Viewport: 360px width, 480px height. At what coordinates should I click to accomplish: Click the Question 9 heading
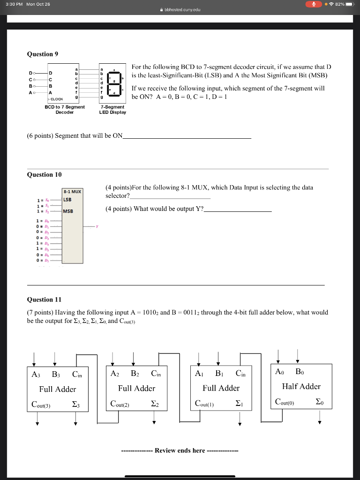tap(43, 54)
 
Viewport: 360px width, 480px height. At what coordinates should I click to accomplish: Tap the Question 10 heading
tap(44, 174)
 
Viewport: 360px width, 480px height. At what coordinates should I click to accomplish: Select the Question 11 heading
tap(44, 300)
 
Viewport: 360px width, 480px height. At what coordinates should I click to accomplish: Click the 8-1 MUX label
tap(72, 191)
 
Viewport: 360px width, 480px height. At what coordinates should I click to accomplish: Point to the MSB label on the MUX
tap(68, 210)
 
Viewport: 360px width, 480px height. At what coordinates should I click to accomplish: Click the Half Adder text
tap(301, 387)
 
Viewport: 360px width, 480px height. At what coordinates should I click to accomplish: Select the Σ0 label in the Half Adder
tap(319, 402)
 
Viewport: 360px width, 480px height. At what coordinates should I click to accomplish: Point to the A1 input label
tap(199, 374)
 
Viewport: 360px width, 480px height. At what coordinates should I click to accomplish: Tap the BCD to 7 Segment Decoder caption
tap(65, 110)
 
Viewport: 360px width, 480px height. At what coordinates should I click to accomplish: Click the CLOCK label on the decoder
tap(57, 99)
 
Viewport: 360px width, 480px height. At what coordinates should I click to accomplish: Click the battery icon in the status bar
tap(350, 4)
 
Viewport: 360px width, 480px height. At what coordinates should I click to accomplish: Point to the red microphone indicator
tap(313, 4)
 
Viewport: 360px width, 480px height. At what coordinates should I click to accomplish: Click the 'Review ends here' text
tap(180, 450)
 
